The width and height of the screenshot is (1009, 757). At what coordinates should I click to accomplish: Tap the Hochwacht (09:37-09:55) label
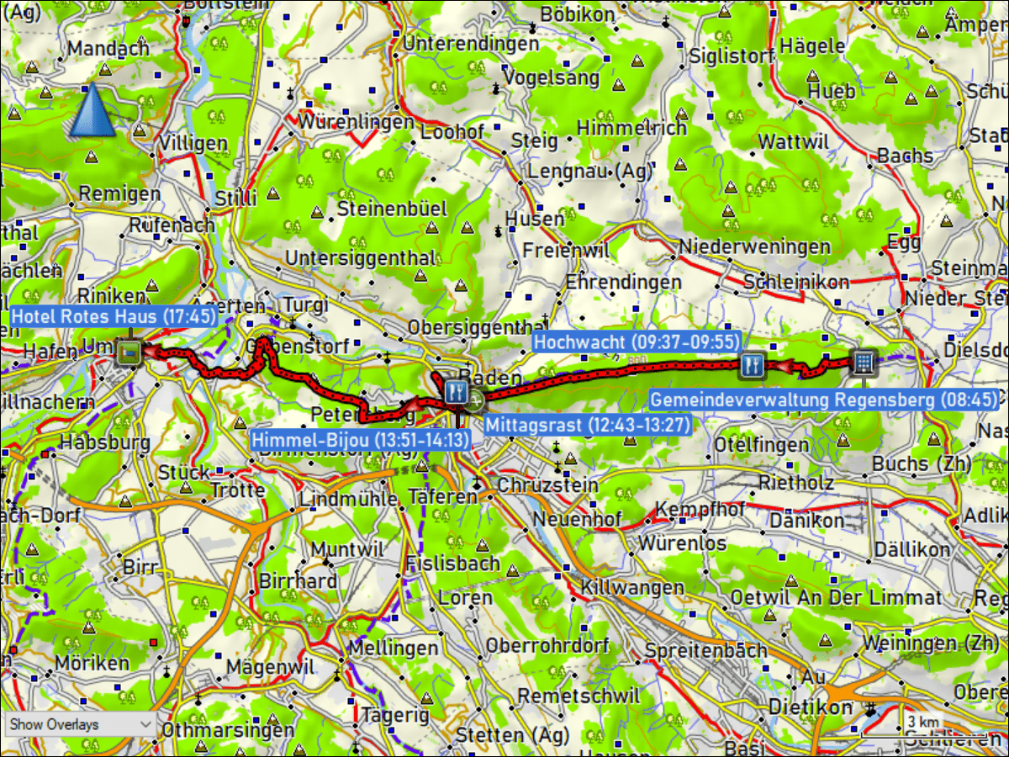pos(637,342)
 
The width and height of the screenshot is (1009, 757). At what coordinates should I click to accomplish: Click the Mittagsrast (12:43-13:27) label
pos(586,425)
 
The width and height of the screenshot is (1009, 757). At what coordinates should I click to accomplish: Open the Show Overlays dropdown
pos(79,724)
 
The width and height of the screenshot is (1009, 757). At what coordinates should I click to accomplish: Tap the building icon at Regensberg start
pos(864,363)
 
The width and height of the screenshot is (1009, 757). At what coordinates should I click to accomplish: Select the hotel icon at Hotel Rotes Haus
pos(129,353)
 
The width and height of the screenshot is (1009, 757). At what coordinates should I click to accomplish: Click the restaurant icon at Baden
pos(456,390)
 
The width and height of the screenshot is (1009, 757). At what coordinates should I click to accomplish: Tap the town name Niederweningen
pos(754,247)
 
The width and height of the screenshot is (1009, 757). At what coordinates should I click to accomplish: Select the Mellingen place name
pos(393,648)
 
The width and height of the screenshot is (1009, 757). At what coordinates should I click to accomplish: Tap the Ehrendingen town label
pos(622,282)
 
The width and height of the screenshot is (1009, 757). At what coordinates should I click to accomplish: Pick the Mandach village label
pos(108,49)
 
